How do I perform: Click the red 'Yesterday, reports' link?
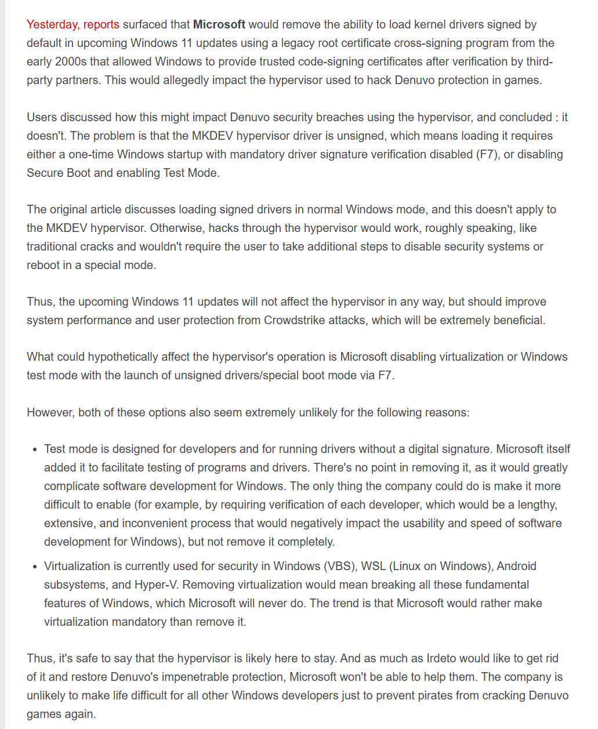(73, 24)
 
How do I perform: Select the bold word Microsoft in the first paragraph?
(219, 24)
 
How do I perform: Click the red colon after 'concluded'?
(557, 117)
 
